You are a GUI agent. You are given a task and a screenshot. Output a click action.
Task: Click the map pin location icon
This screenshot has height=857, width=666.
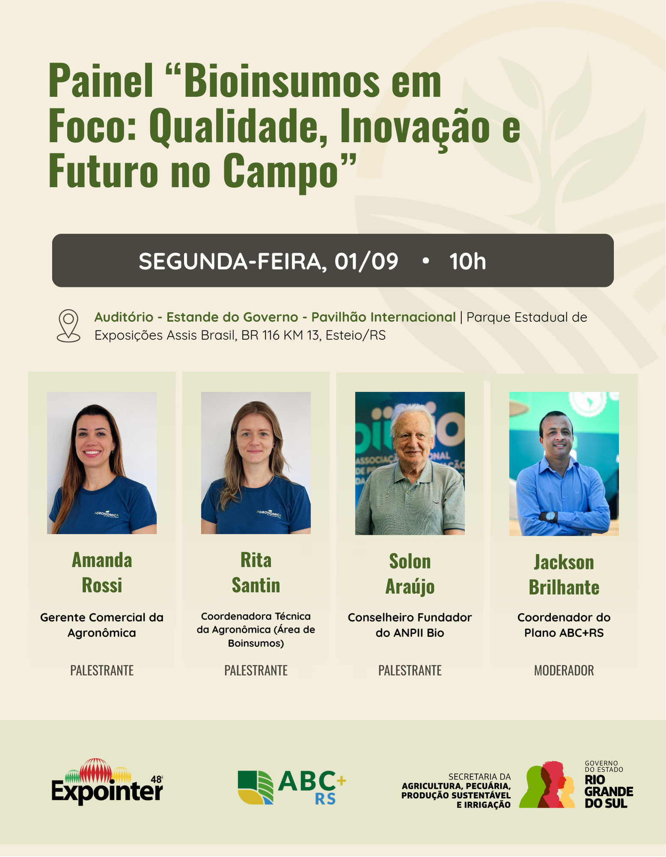(69, 326)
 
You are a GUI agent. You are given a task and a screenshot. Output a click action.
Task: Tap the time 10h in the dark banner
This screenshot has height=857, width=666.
(468, 261)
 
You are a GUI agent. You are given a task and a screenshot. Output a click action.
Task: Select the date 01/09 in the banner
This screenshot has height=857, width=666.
(366, 261)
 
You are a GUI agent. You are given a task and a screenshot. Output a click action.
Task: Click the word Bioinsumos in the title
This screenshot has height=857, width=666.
(282, 81)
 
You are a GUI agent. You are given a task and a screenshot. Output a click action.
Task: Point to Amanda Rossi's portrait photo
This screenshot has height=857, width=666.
(102, 463)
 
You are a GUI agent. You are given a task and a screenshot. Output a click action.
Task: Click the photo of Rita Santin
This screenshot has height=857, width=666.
(256, 463)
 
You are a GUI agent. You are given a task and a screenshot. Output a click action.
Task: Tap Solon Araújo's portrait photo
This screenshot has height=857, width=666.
(410, 463)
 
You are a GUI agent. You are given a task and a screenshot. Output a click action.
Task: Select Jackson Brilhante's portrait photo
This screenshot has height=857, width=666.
(564, 464)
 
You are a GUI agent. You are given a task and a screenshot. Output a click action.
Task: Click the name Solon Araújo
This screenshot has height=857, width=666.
(410, 574)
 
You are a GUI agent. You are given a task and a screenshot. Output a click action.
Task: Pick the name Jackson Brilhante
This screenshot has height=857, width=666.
(564, 574)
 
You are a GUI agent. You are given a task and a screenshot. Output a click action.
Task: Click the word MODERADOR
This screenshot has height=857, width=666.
(564, 670)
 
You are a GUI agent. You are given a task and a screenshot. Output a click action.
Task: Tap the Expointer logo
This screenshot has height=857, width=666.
(107, 782)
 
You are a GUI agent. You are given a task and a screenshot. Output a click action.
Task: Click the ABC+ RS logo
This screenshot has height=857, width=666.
(292, 787)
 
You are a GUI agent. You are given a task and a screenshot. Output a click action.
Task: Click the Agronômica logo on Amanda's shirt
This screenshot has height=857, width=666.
(107, 515)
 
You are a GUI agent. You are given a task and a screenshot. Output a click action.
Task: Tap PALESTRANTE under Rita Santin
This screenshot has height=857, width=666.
(256, 670)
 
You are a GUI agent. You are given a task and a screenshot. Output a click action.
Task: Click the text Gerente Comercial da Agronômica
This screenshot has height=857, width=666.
(102, 625)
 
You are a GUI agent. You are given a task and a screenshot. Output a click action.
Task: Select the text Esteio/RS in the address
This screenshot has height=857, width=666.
(355, 335)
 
